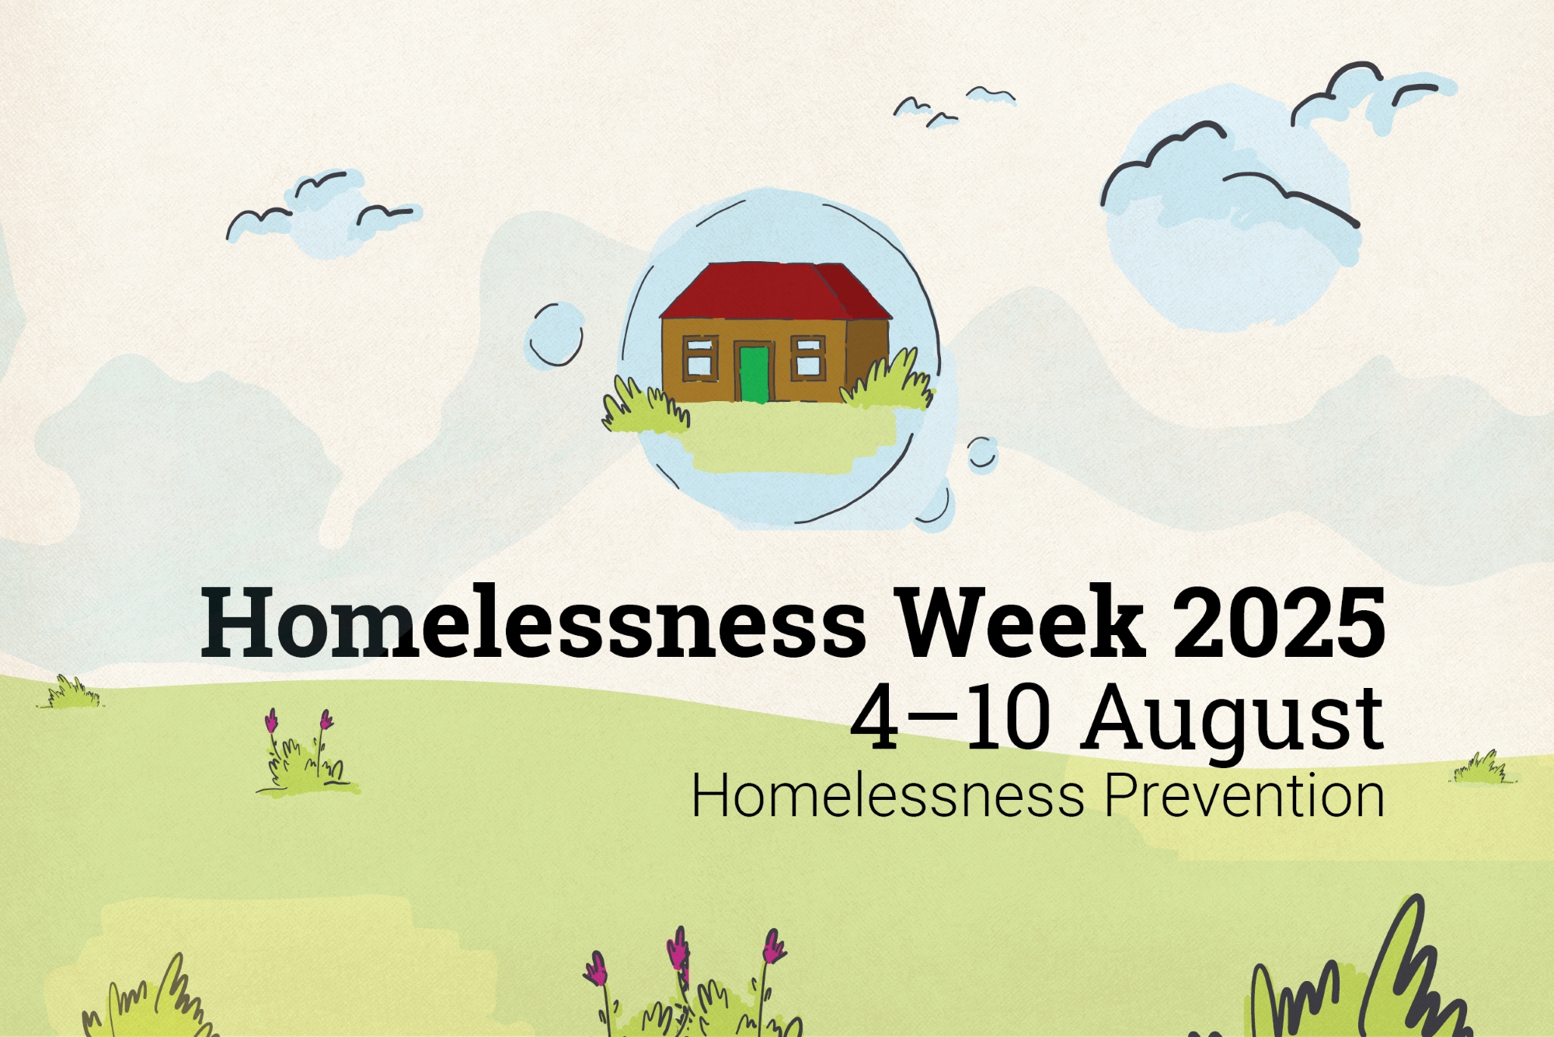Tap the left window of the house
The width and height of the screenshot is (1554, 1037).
(699, 357)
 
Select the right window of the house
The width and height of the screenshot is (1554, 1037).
(808, 357)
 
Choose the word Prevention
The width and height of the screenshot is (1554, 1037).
(1245, 796)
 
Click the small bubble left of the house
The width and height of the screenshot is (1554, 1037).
(556, 335)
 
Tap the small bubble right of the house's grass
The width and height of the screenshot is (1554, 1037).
(982, 452)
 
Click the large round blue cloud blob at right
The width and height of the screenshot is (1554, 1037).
(1231, 233)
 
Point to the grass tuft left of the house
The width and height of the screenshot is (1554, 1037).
(641, 406)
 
